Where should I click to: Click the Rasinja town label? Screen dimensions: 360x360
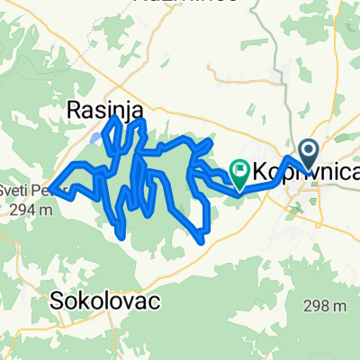coord(105,110)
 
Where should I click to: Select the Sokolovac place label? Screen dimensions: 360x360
coord(93,298)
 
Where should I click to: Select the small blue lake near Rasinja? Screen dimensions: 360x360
coord(94,139)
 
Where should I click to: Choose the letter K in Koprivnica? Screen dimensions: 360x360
coord(261,170)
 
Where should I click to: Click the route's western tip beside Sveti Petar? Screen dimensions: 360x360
coord(52,187)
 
